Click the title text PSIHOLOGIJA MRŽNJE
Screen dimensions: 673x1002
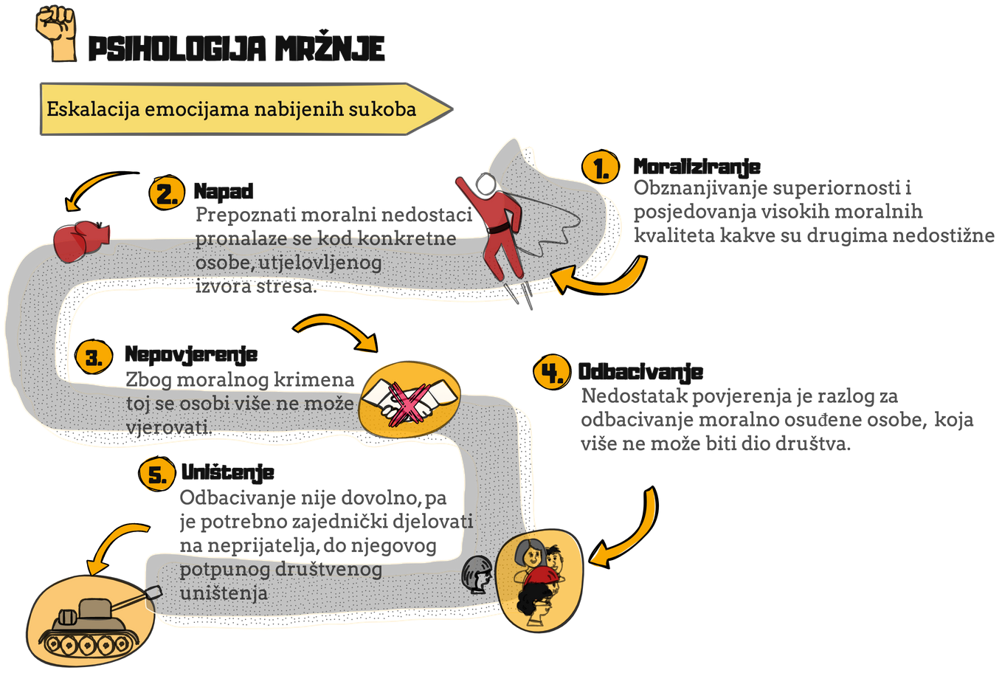(x=235, y=49)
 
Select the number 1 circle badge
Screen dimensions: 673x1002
(x=601, y=168)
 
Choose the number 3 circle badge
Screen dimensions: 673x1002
(x=94, y=358)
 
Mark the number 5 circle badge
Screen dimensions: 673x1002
(x=157, y=474)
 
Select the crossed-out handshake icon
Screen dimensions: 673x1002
(x=409, y=399)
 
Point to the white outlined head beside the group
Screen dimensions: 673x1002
(x=477, y=574)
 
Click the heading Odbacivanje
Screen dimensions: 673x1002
(x=640, y=372)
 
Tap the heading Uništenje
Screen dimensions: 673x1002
(x=227, y=472)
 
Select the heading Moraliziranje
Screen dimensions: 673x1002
(x=697, y=167)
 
